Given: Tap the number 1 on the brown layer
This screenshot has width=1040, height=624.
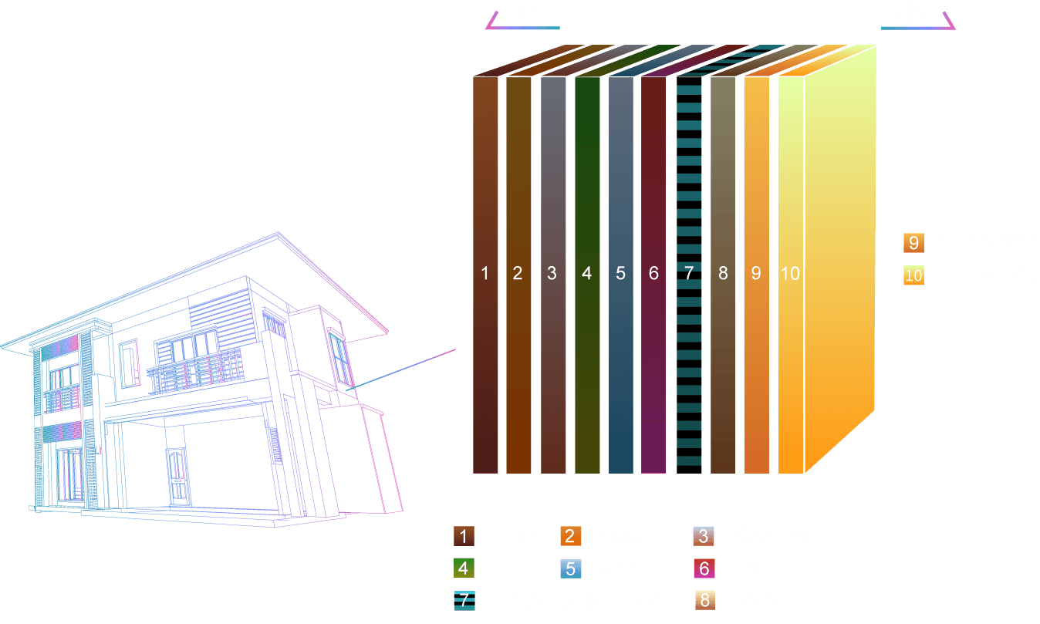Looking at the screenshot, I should pos(485,273).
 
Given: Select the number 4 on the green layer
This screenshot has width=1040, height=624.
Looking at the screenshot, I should pos(587,273).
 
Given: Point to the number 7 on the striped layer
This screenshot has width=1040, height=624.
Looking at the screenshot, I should pos(689,273).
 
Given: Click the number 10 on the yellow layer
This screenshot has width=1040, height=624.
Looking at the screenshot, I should pos(790,273).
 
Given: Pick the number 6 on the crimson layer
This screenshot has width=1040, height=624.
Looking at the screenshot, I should pos(653,273).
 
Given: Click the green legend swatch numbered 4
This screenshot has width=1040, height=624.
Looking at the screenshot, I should pos(464,568).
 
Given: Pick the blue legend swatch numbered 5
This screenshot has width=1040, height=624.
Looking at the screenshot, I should pos(570,568).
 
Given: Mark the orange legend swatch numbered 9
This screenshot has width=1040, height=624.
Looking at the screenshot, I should pos(913,244).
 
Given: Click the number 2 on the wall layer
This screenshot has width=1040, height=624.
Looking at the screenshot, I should pos(518,273).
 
